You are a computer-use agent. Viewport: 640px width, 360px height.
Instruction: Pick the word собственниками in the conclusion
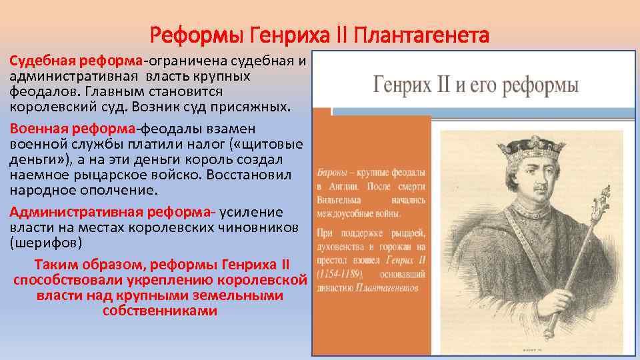[160, 311]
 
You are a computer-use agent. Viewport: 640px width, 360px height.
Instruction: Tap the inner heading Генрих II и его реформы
[475, 87]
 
